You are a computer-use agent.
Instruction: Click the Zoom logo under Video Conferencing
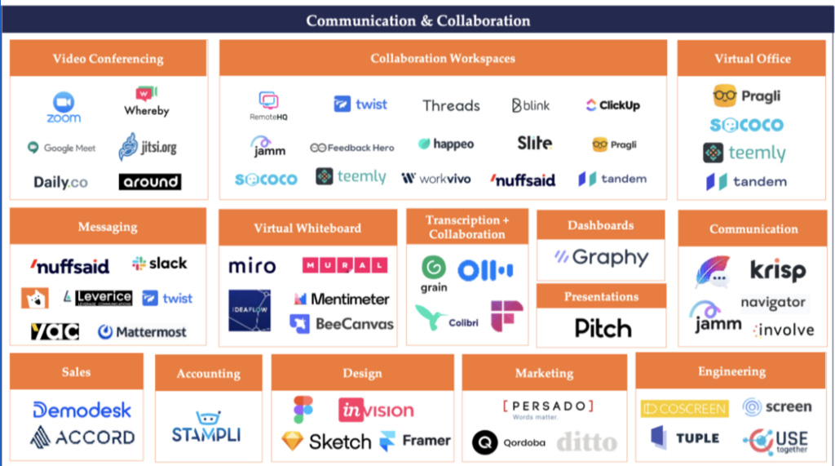[x=64, y=107]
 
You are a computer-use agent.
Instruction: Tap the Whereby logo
[x=147, y=102]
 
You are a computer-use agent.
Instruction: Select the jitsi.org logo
[x=148, y=148]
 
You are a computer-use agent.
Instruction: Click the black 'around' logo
[x=149, y=181]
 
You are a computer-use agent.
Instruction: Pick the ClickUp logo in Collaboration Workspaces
[x=612, y=105]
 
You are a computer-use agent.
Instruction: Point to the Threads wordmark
[x=451, y=105]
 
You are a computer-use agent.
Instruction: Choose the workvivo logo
[x=435, y=178]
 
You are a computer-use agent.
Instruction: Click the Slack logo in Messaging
[x=160, y=264]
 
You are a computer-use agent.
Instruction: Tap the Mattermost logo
[x=142, y=332]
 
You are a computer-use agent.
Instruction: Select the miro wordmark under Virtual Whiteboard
[x=252, y=266]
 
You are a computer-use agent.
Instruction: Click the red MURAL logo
[x=344, y=266]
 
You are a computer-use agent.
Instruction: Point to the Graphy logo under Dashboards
[x=602, y=258]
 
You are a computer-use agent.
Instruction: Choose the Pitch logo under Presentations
[x=603, y=328]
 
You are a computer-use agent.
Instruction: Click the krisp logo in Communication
[x=777, y=270]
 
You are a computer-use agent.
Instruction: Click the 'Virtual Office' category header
[x=752, y=59]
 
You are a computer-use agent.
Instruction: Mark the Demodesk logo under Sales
[x=82, y=410]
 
